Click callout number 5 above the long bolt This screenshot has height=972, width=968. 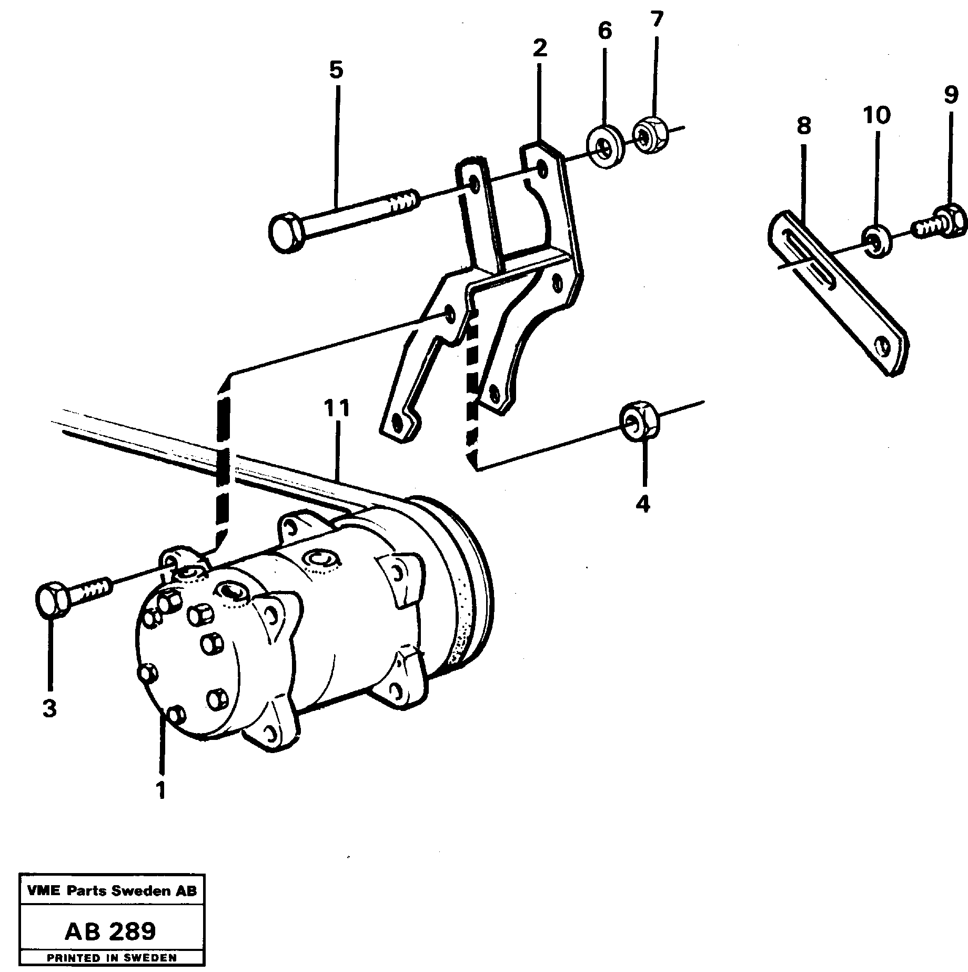[336, 69]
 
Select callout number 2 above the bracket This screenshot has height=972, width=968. [539, 48]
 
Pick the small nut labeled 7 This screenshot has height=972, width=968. [650, 136]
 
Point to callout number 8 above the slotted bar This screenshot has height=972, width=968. [804, 126]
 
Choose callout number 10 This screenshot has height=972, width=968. [876, 114]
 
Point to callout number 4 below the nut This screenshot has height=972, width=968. [642, 504]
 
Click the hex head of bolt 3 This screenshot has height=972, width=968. [52, 600]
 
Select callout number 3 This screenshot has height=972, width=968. [49, 708]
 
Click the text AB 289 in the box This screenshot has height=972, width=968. [110, 931]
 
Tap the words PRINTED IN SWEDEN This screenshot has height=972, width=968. [112, 958]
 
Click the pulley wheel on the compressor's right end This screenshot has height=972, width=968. [463, 584]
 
